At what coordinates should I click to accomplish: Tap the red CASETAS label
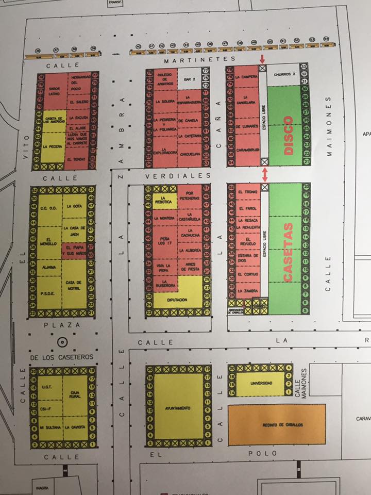point(288,252)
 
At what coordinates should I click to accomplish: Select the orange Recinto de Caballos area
point(277,424)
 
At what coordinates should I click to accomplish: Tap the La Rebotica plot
point(165,201)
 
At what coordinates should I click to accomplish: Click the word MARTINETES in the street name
point(199,59)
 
